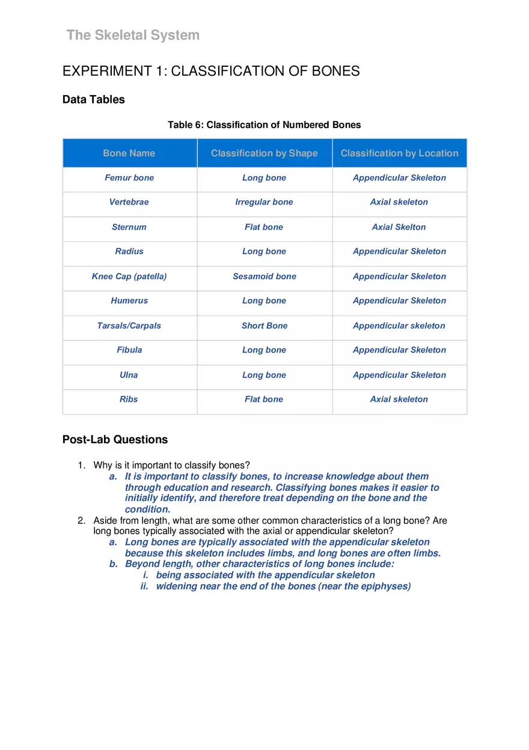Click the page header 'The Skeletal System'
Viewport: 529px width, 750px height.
coord(133,35)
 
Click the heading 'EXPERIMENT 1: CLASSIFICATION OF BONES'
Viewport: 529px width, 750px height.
coord(211,71)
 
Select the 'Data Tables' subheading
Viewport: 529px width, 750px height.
coord(94,100)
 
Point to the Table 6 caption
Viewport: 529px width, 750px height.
coord(264,125)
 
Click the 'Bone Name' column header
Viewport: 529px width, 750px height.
coord(129,153)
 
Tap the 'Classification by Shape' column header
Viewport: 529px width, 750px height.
coord(264,153)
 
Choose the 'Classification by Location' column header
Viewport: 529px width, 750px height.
coord(399,153)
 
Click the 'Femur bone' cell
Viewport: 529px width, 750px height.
coord(129,178)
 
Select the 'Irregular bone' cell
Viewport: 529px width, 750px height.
coord(264,202)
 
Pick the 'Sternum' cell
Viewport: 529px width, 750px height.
coord(129,227)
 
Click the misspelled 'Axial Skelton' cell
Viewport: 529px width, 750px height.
coord(399,227)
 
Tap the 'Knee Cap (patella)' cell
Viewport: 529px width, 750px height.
coord(129,277)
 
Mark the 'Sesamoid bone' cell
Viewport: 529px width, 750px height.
coord(264,277)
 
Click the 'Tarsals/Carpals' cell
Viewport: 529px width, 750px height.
coord(129,326)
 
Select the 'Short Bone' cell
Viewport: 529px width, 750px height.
coord(264,326)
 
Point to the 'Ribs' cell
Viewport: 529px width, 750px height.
coord(129,399)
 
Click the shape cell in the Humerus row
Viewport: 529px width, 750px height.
coord(264,301)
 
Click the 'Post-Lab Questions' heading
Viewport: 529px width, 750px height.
coord(115,440)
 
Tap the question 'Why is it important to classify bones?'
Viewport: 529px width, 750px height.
coord(171,466)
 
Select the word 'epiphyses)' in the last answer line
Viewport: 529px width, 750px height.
coord(388,586)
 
